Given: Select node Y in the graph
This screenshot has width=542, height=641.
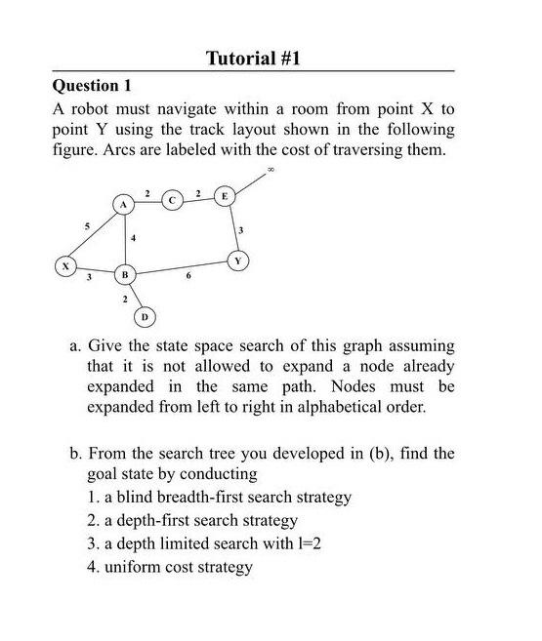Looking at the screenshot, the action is pos(236,260).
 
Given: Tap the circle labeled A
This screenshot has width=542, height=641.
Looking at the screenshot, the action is pos(124,205).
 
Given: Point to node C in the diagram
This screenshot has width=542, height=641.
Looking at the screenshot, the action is pos(172,200).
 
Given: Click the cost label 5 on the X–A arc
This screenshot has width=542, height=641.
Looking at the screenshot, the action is pos(86,226).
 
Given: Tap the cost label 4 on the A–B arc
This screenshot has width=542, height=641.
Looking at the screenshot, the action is pos(134,238).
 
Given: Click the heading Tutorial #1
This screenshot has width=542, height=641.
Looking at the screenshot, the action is pos(253,59).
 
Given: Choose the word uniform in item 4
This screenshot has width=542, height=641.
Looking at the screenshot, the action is pos(130,567).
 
